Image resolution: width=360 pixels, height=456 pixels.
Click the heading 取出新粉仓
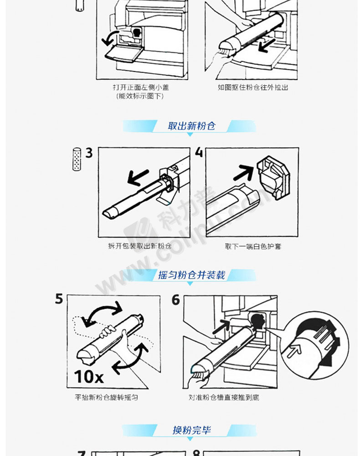click(191, 126)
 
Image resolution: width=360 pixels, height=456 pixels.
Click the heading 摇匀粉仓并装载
click(191, 275)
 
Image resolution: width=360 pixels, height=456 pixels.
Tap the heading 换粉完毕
click(191, 430)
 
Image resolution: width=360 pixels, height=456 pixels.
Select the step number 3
click(89, 153)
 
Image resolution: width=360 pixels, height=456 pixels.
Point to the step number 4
click(199, 152)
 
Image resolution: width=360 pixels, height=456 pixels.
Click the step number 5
click(59, 299)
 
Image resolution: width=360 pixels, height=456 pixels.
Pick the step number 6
click(176, 300)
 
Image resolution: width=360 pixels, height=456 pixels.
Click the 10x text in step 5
click(88, 377)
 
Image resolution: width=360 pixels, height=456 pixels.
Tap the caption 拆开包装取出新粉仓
click(139, 246)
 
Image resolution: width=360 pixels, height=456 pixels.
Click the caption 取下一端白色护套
click(253, 246)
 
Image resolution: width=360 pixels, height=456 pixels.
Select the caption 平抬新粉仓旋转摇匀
click(106, 397)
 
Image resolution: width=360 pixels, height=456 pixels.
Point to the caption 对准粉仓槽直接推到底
click(224, 397)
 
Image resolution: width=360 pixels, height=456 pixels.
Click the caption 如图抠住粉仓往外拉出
click(253, 87)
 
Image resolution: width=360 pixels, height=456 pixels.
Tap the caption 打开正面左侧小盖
click(141, 87)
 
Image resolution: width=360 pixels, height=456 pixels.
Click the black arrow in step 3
click(138, 177)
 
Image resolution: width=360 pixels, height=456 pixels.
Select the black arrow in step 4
click(243, 172)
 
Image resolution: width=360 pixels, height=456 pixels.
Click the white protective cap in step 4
click(273, 177)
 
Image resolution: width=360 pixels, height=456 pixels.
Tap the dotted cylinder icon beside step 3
click(77, 159)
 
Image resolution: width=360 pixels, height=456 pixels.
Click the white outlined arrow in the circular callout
click(294, 350)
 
